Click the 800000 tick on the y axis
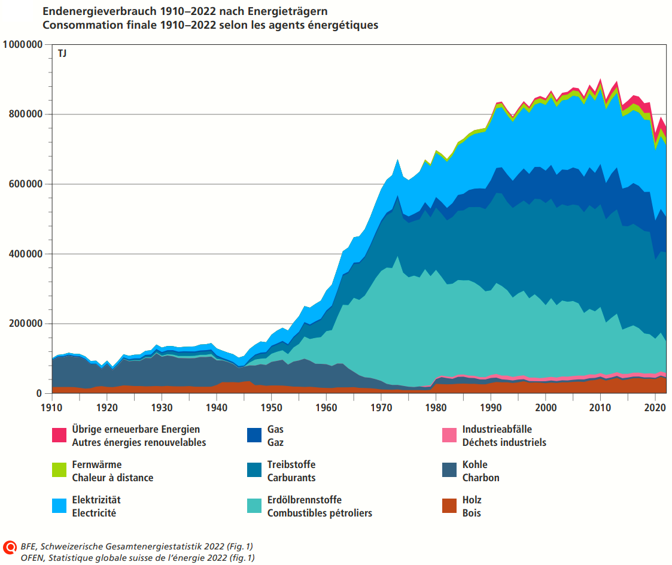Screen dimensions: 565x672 [25, 114]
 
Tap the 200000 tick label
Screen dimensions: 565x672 [25, 324]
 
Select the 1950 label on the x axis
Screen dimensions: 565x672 [272, 407]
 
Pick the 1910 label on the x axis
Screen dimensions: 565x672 [53, 407]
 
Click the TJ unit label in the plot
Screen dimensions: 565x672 [62, 54]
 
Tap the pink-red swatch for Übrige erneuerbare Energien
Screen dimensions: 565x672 [60, 436]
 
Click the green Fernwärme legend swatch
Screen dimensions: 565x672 [60, 471]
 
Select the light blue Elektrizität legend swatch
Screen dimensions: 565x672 [60, 506]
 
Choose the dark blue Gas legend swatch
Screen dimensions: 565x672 [255, 436]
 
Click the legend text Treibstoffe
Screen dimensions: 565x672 [291, 465]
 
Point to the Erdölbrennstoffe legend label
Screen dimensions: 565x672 [305, 500]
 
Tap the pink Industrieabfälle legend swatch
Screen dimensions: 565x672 [450, 436]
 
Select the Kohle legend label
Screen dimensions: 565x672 [475, 465]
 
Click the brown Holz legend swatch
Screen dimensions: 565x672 [450, 506]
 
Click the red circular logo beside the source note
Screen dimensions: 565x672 [10, 548]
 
